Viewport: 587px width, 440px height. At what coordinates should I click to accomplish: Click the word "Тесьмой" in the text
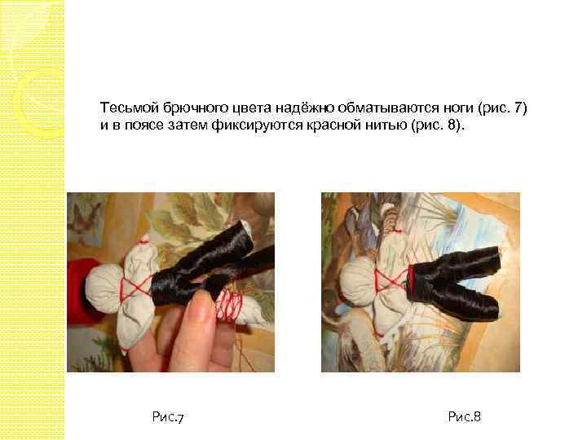(x=125, y=108)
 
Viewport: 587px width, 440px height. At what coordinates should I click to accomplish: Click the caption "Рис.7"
(x=168, y=418)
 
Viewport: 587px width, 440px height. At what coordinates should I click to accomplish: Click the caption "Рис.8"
(x=465, y=418)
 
